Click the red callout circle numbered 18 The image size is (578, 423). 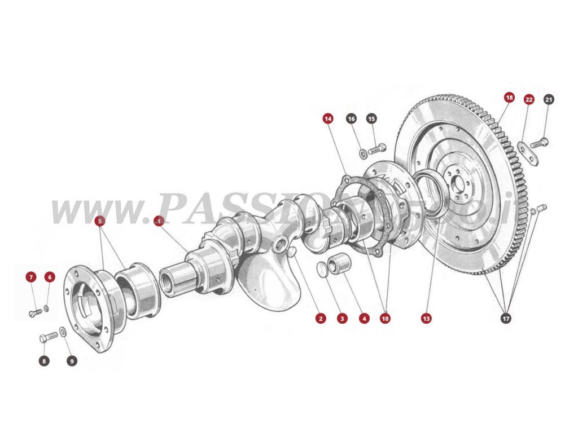(x=509, y=98)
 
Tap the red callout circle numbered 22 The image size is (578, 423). (x=529, y=99)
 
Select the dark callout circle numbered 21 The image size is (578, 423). (x=549, y=99)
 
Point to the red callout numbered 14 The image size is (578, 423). (x=328, y=118)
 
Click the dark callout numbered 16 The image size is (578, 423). (x=351, y=118)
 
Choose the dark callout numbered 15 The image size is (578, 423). (x=371, y=118)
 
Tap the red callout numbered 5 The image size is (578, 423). (x=100, y=221)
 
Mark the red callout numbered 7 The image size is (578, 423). (x=31, y=277)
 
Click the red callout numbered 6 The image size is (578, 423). (x=50, y=277)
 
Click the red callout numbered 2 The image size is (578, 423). (x=321, y=319)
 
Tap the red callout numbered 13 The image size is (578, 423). (x=426, y=319)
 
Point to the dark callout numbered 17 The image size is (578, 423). (x=506, y=319)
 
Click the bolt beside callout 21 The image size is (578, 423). (x=540, y=143)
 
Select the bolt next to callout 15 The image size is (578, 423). (x=377, y=149)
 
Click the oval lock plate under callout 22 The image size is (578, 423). (x=528, y=153)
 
